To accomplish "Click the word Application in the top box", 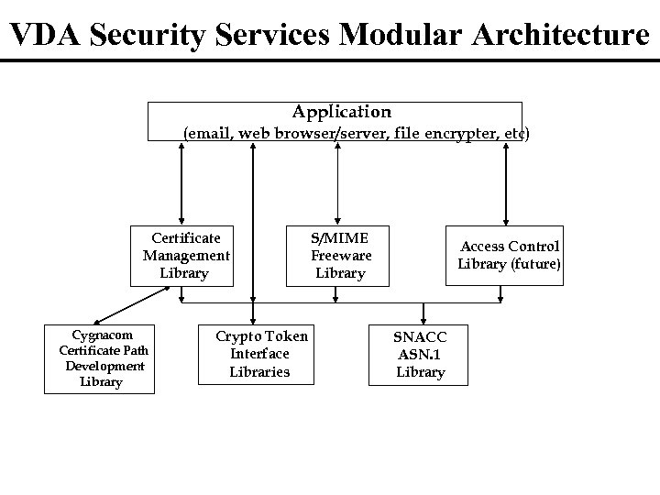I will point(341,112).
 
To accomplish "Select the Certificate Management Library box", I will point(185,256).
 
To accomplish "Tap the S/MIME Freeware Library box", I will point(340,255).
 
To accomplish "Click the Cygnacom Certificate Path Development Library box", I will point(101,357).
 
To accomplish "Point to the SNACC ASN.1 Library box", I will point(420,354).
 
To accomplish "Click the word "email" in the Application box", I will point(208,134).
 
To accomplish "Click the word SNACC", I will point(420,336).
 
